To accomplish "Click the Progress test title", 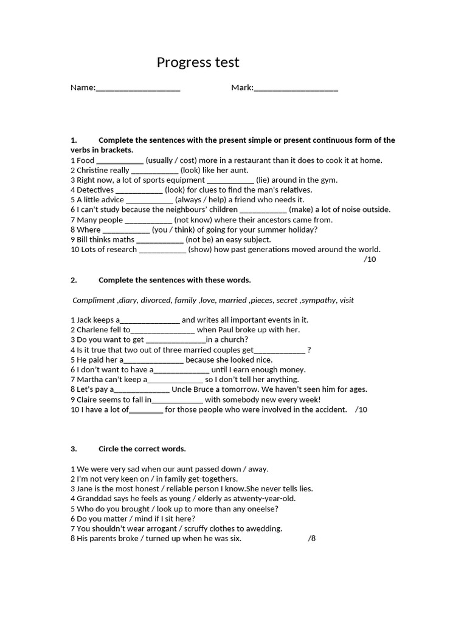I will (x=198, y=63).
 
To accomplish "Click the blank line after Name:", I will (x=138, y=89).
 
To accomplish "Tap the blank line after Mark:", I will (x=296, y=89).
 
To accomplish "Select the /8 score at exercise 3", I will (x=312, y=538).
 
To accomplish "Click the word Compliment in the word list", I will (x=94, y=300).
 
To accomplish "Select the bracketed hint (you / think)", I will (x=175, y=230).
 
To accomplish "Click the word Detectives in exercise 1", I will (x=95, y=190).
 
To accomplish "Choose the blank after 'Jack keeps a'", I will (x=150, y=321).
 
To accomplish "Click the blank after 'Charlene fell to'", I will (x=162, y=330).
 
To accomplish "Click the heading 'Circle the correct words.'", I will (x=142, y=449).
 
